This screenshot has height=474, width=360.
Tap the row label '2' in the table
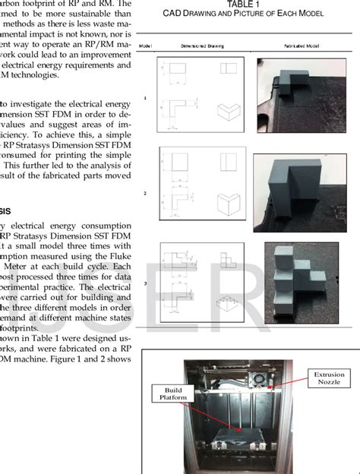pos(144,194)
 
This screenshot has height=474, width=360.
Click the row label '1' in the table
pos(144,96)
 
